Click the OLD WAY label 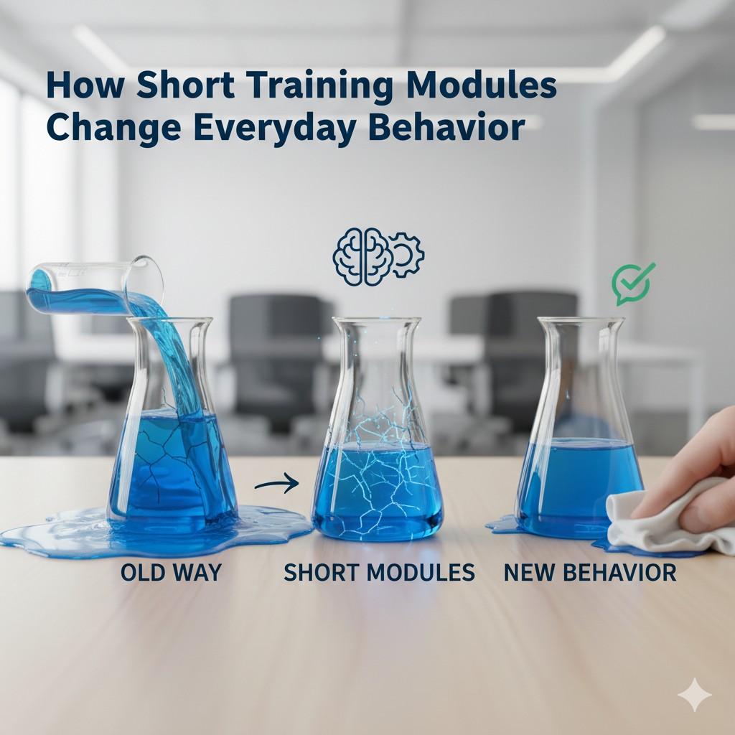[x=171, y=572]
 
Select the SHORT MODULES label [x=379, y=572]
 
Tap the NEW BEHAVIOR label [x=589, y=572]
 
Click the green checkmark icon [x=632, y=284]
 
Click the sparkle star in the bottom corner [x=695, y=696]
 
